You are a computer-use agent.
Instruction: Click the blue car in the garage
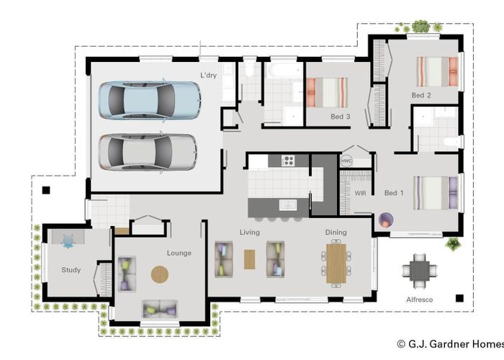150,100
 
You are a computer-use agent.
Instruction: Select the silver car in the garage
148,152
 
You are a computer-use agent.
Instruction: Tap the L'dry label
208,76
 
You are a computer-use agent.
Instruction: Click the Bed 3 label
341,117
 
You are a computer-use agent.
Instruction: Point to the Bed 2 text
421,95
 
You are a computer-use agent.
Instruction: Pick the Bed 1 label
394,193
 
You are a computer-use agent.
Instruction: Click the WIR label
360,193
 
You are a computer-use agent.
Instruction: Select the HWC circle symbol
346,161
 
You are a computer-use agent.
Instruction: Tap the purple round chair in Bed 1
386,220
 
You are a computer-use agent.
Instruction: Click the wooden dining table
336,264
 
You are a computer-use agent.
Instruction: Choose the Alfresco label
420,300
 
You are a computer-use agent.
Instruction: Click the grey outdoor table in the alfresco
420,271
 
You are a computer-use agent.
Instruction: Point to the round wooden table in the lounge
160,274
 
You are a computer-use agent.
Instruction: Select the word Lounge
179,253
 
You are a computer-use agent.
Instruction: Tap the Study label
71,270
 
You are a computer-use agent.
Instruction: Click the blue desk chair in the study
68,241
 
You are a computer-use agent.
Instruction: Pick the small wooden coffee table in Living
249,259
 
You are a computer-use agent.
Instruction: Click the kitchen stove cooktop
288,161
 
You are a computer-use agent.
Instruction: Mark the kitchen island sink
288,204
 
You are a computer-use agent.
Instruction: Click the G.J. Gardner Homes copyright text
450,344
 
